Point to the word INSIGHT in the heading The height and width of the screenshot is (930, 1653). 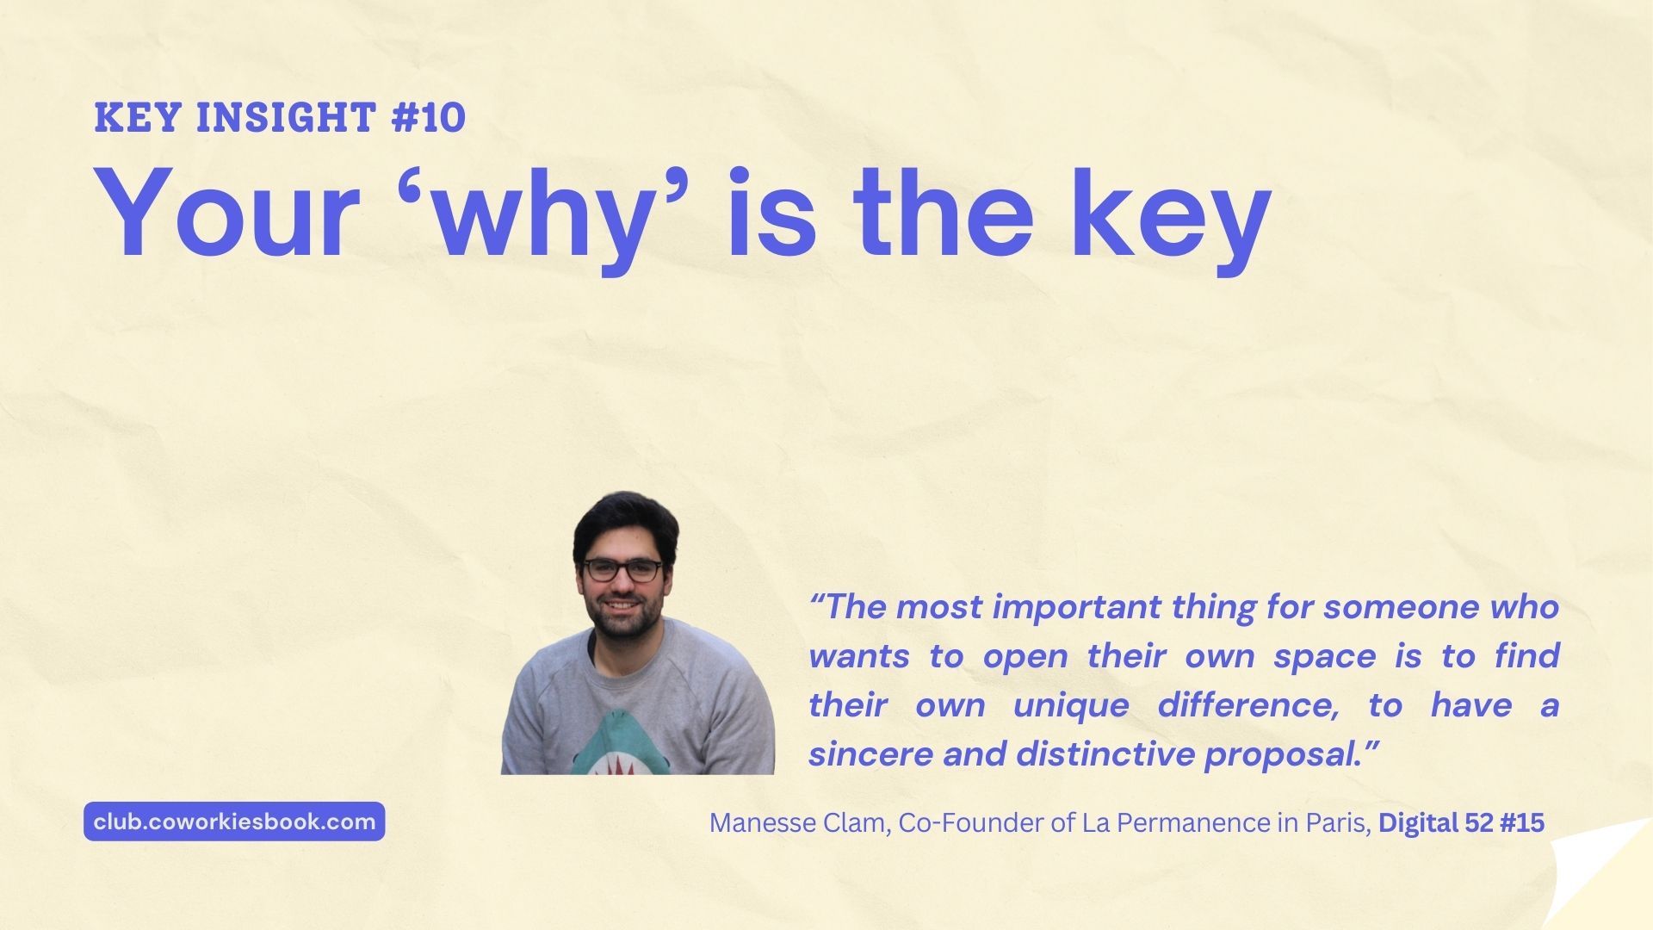(x=287, y=118)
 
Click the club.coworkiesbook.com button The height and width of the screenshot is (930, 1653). (x=234, y=821)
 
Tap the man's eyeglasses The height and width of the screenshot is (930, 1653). (x=623, y=569)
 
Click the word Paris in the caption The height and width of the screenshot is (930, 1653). (x=1335, y=823)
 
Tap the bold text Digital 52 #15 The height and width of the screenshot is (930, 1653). (x=1461, y=823)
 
